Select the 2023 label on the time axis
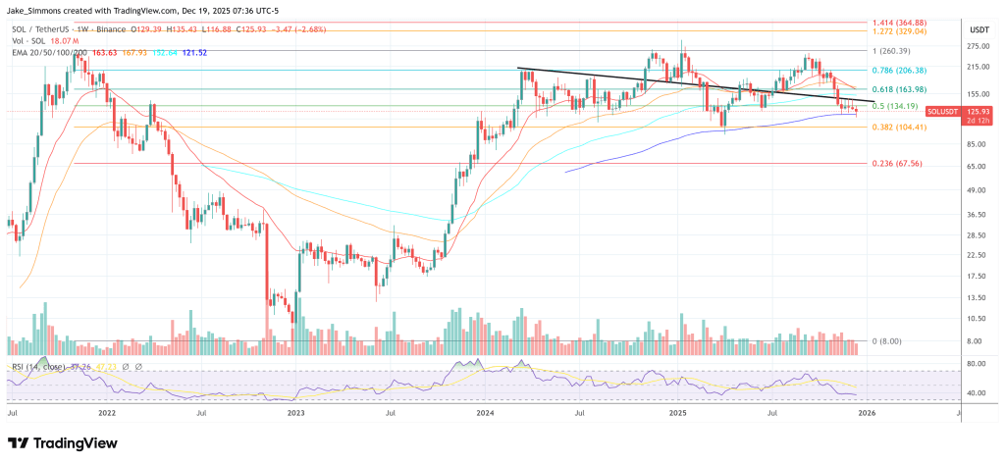tap(297, 414)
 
